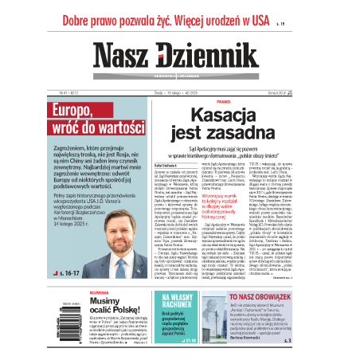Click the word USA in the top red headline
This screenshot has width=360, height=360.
(x=253, y=14)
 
